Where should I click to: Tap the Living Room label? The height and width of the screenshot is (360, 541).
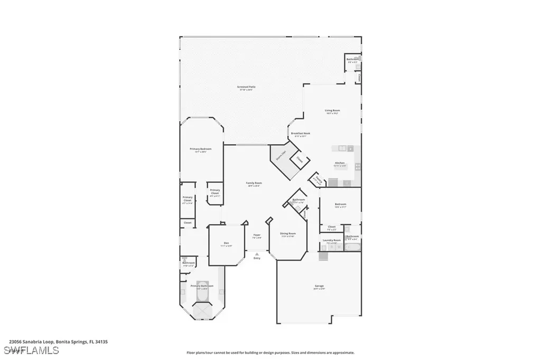[332, 110]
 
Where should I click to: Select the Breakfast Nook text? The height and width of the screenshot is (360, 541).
[301, 134]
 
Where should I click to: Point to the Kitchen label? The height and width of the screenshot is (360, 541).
[340, 163]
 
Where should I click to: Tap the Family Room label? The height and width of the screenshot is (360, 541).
[254, 183]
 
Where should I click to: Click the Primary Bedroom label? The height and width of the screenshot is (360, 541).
[201, 149]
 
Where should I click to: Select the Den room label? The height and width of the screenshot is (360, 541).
[226, 244]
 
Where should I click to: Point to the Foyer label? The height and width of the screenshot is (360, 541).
[257, 234]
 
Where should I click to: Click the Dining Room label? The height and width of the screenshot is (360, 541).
[288, 233]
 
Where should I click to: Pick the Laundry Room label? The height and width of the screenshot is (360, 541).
[331, 240]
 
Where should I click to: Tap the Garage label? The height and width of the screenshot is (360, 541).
[319, 286]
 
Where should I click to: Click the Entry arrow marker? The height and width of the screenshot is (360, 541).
[257, 254]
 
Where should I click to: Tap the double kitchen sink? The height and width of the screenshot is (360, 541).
[342, 148]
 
